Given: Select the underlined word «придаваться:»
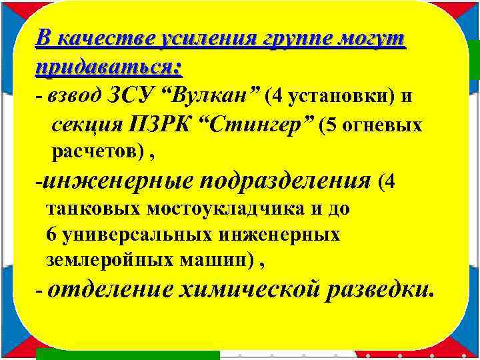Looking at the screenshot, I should coord(109,67).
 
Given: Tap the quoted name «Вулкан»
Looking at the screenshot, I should coord(207,97).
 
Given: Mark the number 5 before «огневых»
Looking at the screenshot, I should coord(332,125).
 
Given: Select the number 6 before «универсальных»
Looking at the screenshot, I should coord(51,235).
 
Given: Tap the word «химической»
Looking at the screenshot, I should coord(249,291).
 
